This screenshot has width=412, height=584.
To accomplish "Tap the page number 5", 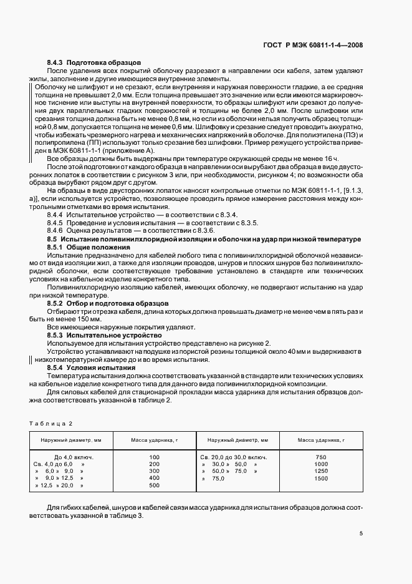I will tap(362, 533).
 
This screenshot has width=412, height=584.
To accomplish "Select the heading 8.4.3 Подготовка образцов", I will tap(94, 63).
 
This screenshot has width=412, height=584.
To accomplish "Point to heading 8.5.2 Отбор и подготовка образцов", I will tap(105, 303).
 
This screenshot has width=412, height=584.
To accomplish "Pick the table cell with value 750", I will tap(322, 457).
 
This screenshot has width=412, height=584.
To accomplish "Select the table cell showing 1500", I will tap(322, 478).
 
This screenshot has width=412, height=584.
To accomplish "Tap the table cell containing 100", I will tap(155, 457).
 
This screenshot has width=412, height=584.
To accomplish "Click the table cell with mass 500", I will tap(155, 485).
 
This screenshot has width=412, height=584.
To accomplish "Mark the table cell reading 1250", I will tap(322, 471).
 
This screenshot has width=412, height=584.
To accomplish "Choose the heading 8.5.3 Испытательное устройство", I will tap(100, 335).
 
